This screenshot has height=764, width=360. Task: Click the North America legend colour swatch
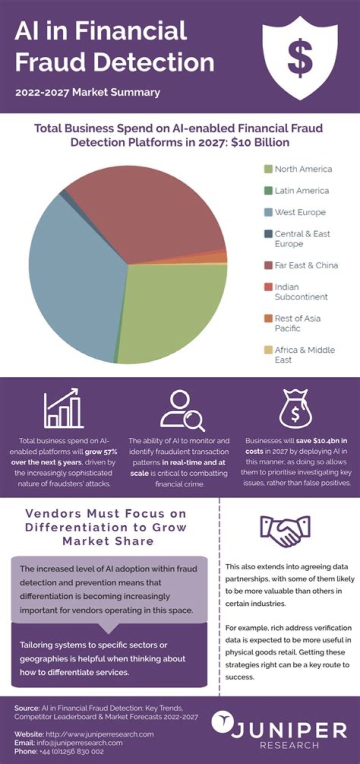[268, 169]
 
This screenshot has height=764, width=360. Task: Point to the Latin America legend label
[301, 191]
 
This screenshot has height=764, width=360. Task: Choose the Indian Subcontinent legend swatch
[268, 287]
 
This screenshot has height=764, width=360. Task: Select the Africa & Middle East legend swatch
[268, 350]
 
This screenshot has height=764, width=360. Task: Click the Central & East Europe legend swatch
[268, 234]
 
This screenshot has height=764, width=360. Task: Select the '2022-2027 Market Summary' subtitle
[87, 92]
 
